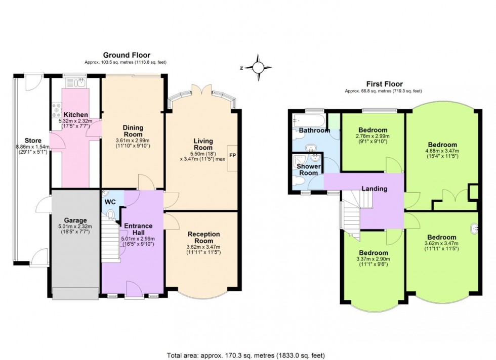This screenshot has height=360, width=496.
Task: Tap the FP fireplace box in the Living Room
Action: click(232, 155)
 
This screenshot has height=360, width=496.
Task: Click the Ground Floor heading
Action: click(127, 55)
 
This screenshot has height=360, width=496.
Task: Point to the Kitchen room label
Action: click(75, 115)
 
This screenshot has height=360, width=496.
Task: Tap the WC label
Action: click(110, 202)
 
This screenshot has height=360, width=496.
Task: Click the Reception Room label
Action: click(203, 237)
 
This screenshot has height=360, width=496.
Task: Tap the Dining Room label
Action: click(133, 131)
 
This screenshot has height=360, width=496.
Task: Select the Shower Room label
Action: click(308, 169)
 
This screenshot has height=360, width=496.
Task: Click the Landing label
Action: click(374, 189)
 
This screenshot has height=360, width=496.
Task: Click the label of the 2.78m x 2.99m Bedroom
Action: click(374, 130)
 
